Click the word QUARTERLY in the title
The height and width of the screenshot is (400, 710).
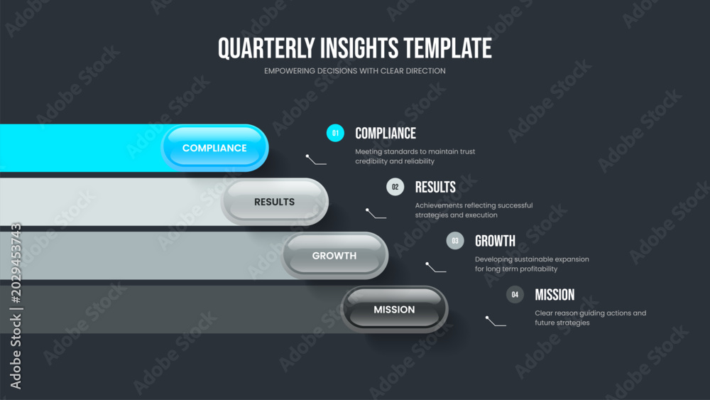[266, 48]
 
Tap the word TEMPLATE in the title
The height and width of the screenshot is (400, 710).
[448, 48]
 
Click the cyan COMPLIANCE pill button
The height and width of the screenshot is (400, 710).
[214, 148]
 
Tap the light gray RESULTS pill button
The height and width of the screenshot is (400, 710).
[274, 202]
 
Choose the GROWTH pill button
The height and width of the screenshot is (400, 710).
[334, 256]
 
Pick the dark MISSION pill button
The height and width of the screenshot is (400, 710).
[394, 310]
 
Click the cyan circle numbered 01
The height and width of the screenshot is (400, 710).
[335, 133]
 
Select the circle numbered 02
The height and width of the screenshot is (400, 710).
[395, 187]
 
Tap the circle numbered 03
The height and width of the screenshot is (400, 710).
[455, 241]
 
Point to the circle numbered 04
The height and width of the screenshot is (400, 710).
[515, 294]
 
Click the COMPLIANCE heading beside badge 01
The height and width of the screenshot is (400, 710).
[386, 133]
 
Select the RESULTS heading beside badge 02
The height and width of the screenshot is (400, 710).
[435, 187]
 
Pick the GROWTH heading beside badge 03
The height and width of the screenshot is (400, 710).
[495, 241]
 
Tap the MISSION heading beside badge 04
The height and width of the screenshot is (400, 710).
[555, 295]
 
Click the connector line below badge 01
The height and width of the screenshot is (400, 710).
[316, 160]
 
